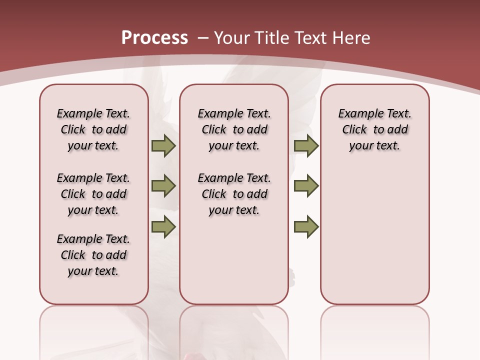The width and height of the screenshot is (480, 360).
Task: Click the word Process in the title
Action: (x=154, y=38)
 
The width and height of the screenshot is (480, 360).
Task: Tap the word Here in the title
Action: (x=350, y=38)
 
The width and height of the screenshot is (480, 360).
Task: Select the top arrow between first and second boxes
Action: (x=163, y=145)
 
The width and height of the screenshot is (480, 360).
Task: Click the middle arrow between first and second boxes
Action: (x=163, y=186)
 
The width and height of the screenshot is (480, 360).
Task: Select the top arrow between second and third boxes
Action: (x=306, y=145)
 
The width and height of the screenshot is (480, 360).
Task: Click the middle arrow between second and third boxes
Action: (x=306, y=186)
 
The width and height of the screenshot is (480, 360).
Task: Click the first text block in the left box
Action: (x=93, y=129)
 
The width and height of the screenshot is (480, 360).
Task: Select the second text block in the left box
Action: (x=93, y=194)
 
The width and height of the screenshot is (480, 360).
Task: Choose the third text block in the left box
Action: (x=93, y=255)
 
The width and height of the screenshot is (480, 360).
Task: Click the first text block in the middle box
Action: (x=234, y=129)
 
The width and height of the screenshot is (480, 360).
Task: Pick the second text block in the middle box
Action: (x=234, y=194)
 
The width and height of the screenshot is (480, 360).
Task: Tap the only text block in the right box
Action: (x=374, y=129)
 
